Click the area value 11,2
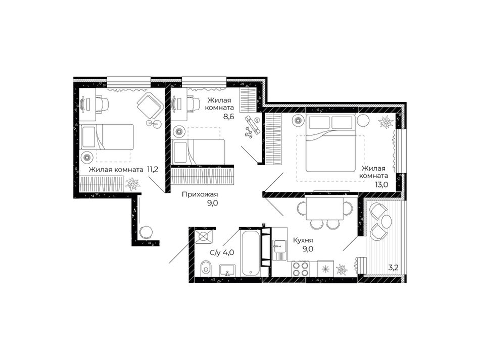click(153, 170)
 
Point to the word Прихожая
click(200, 194)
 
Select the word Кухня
click(303, 240)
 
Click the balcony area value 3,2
click(393, 268)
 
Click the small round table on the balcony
click(386, 220)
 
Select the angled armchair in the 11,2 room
click(150, 106)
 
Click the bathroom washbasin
click(227, 271)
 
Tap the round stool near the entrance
click(146, 232)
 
